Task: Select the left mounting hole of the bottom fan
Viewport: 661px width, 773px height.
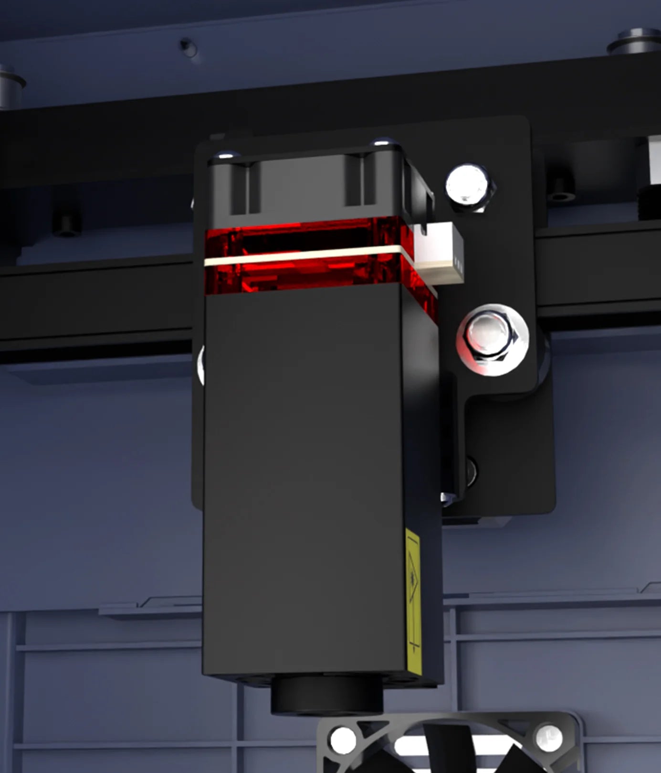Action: (343, 740)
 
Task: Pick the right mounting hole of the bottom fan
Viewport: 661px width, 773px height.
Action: (548, 738)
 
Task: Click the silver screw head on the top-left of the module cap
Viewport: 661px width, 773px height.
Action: (225, 155)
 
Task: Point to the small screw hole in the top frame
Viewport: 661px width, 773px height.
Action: (188, 46)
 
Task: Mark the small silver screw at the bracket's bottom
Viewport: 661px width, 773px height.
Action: (445, 498)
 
